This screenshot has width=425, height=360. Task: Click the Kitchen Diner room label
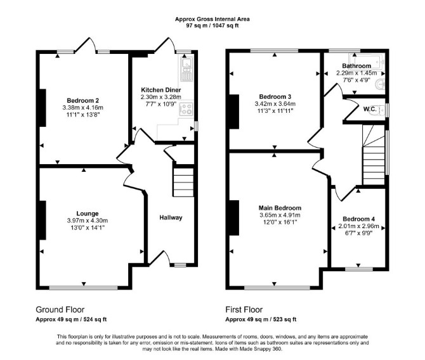[160, 90]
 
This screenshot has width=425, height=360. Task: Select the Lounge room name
[88, 214]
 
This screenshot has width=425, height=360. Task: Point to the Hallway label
[171, 217]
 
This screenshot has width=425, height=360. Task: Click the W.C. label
[370, 109]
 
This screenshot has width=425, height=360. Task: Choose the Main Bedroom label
[280, 208]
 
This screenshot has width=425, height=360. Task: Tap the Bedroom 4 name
[358, 219]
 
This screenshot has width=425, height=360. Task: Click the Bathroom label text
[356, 66]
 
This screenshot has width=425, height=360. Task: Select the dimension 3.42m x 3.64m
[275, 104]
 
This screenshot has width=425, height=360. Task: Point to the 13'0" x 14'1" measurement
[88, 228]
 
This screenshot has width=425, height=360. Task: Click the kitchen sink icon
[186, 69]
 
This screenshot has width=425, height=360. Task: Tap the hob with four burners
[186, 108]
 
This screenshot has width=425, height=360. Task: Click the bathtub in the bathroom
[367, 61]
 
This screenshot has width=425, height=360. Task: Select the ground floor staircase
[183, 183]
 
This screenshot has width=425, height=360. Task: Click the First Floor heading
[244, 309]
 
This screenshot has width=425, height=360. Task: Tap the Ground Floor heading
[60, 309]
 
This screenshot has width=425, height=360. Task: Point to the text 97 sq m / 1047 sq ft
[213, 26]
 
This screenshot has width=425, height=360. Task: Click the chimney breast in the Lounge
[43, 220]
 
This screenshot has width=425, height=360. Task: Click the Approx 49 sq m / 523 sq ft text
[261, 319]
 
